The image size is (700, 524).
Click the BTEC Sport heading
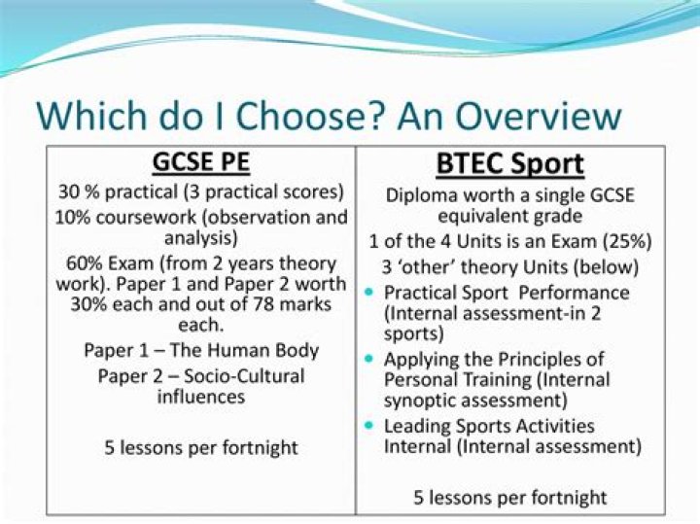510,163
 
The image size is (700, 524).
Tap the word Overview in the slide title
524,116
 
